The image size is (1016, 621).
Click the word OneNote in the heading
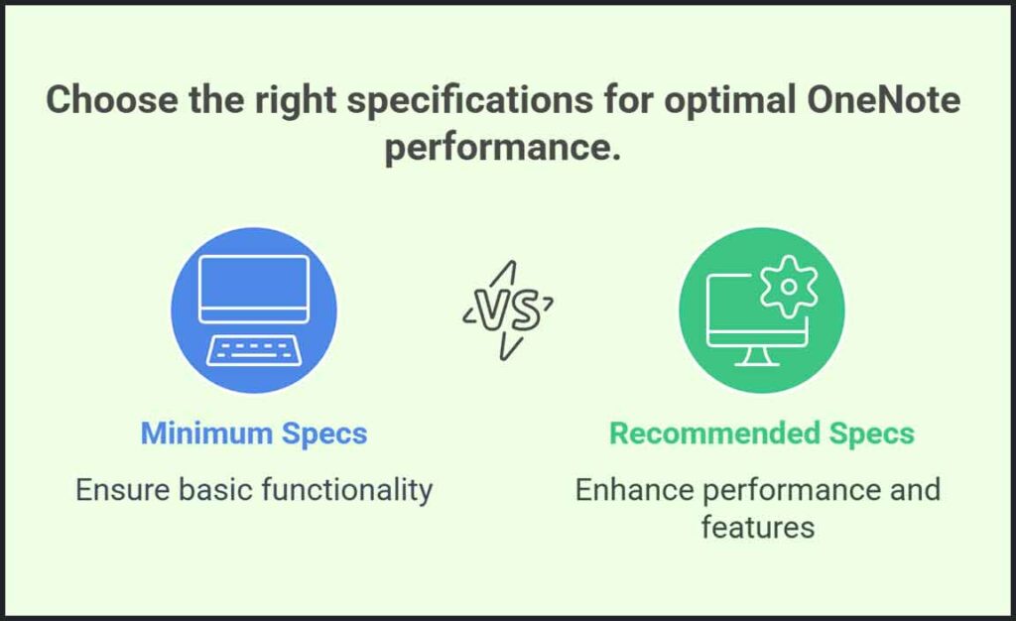(884, 99)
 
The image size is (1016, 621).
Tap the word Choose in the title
(112, 99)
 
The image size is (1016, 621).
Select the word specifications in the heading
(469, 101)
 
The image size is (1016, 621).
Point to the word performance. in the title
(503, 148)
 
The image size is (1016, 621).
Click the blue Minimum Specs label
(254, 435)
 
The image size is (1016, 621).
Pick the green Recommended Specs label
(762, 435)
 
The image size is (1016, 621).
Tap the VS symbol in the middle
(509, 310)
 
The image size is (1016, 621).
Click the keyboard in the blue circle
(253, 350)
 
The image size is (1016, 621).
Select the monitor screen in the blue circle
(254, 289)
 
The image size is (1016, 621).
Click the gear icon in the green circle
(789, 287)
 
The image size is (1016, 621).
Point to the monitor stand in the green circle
(757, 356)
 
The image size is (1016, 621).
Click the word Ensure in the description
(122, 490)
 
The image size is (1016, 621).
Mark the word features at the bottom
(757, 527)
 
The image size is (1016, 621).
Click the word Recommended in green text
(714, 434)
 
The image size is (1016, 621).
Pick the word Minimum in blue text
(206, 434)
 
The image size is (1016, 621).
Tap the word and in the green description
(915, 490)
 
